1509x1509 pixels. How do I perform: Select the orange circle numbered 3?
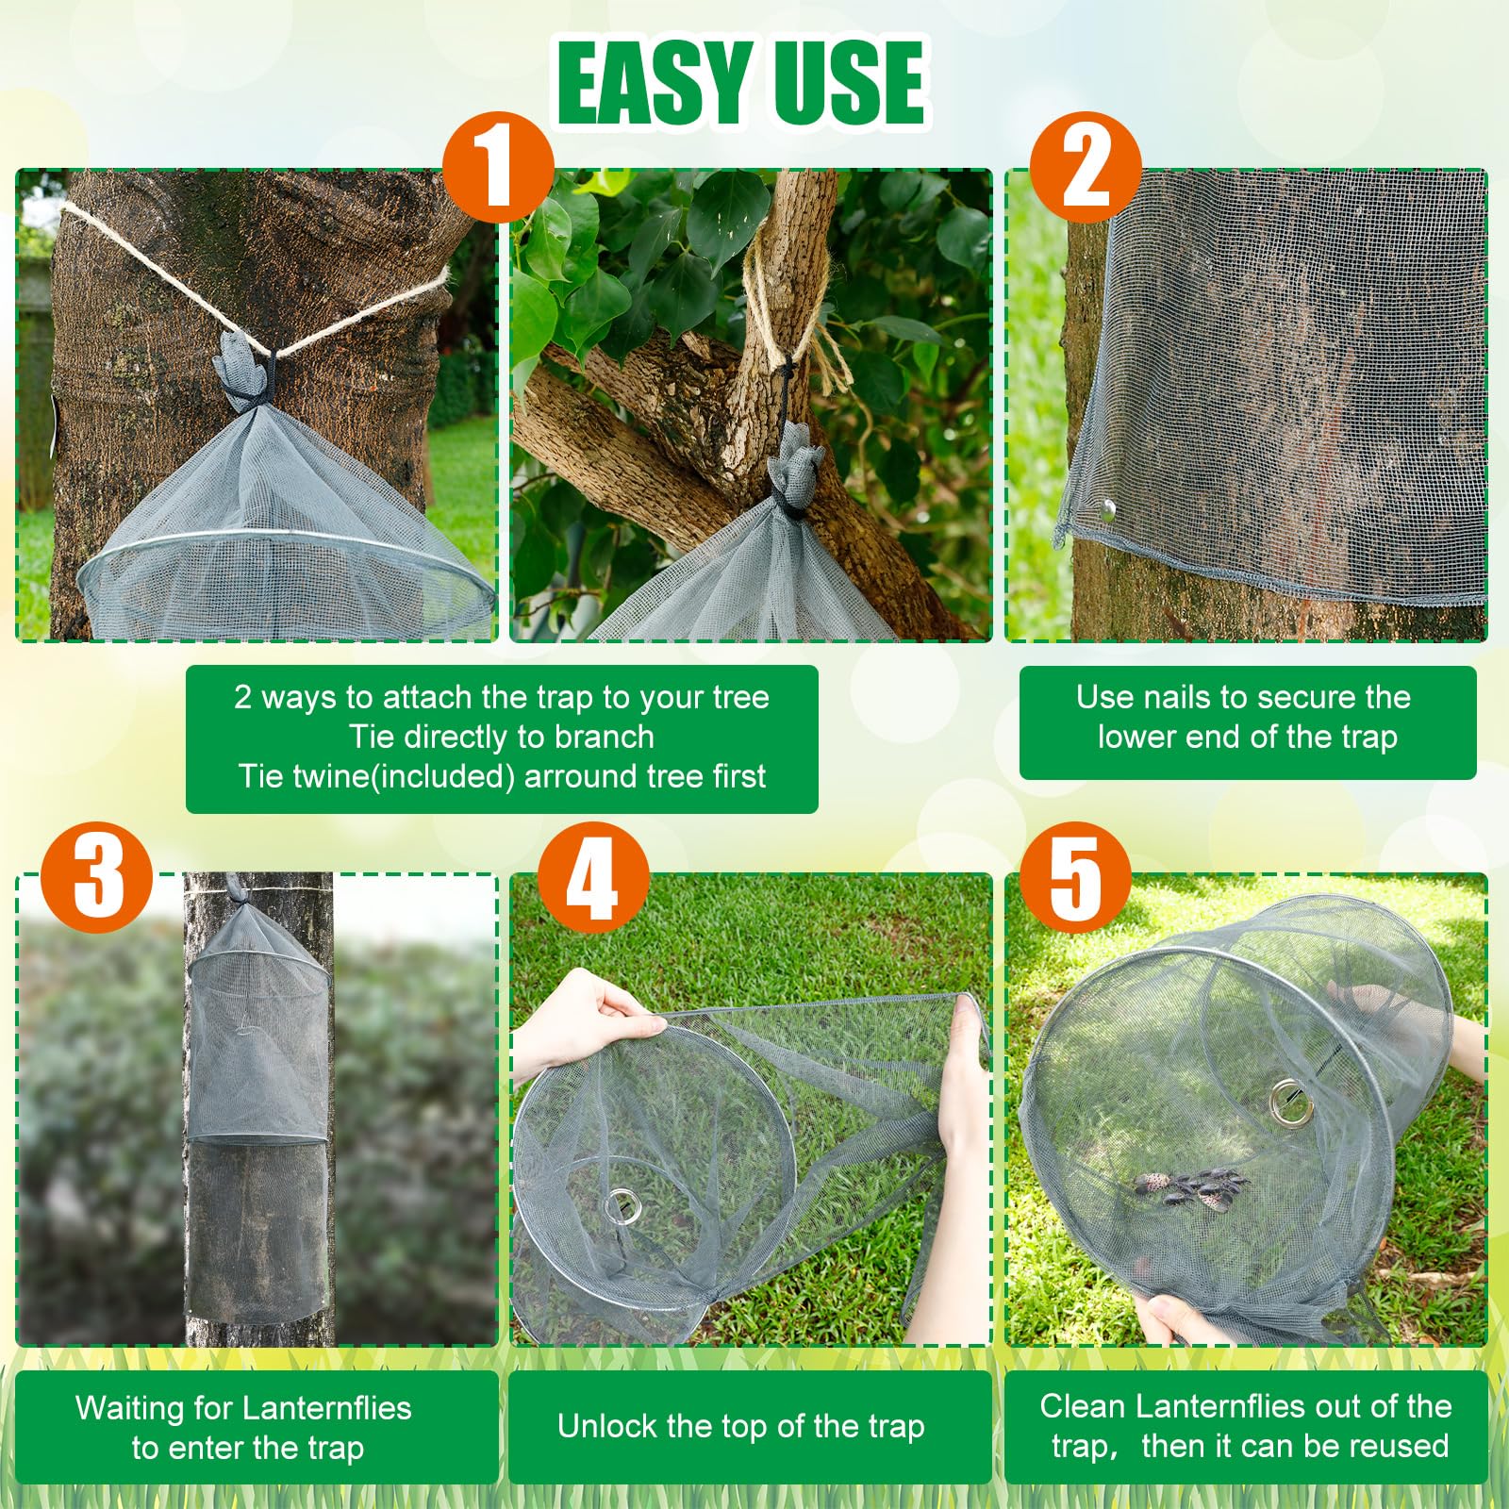point(97,877)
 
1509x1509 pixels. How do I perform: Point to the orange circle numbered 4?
point(592,877)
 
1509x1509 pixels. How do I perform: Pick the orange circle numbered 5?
point(1075,877)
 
